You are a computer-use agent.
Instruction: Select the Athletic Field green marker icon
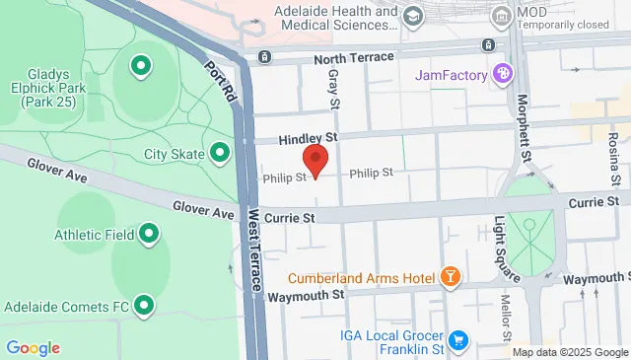[x=149, y=234]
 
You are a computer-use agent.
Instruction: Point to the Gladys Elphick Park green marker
[x=140, y=67]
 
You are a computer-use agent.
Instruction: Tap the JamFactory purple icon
[x=503, y=73]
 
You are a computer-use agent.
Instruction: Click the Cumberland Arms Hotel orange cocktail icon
[x=450, y=276]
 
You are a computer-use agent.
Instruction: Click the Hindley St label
[x=308, y=138]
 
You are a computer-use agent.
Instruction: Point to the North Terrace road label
[x=353, y=58]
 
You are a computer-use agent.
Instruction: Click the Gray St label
[x=333, y=89]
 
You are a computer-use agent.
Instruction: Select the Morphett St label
[x=524, y=127]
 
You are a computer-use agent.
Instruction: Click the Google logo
[x=33, y=347]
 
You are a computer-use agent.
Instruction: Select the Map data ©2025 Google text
[x=570, y=352]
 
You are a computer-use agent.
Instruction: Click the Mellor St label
[x=504, y=313]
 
